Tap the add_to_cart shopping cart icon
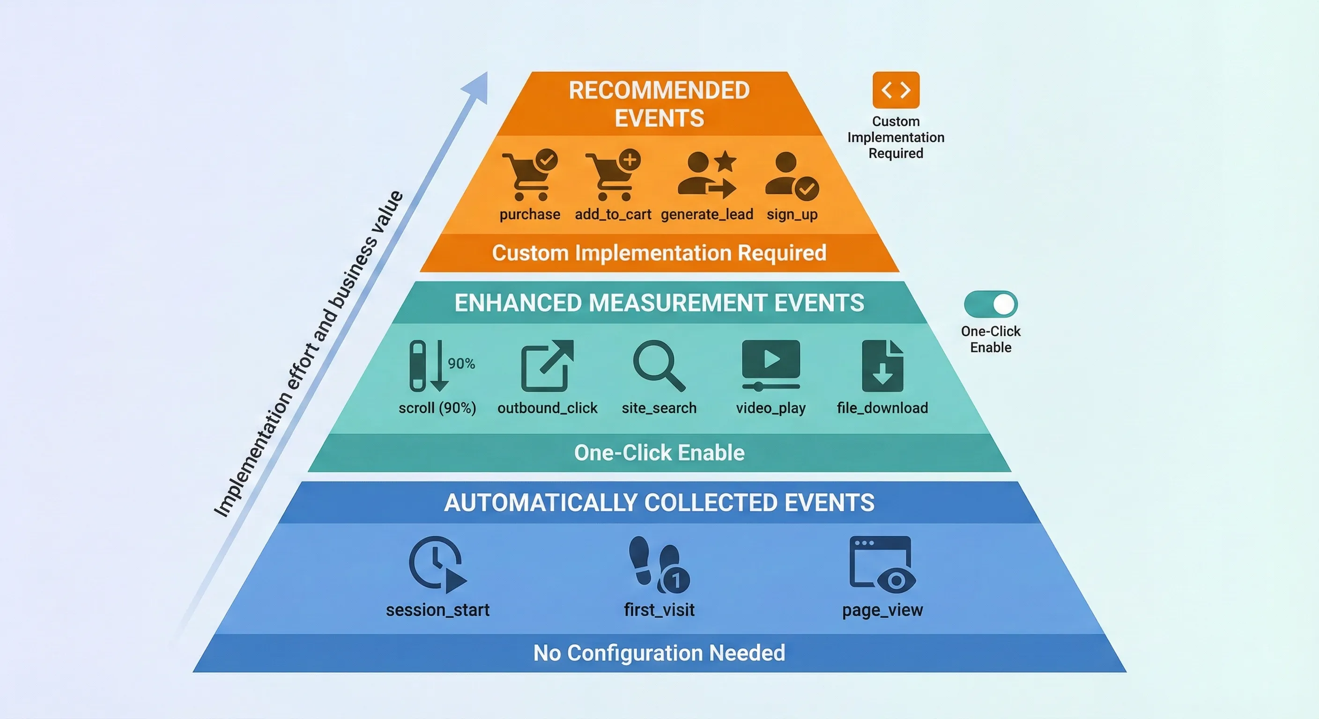tap(612, 175)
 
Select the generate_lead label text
tap(707, 214)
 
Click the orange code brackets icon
tap(896, 90)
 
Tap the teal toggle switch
tap(990, 304)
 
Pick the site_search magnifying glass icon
tap(659, 366)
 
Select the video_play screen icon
tap(771, 365)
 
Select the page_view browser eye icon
tap(882, 564)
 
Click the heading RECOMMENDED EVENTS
tap(659, 104)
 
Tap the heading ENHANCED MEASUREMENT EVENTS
tap(659, 303)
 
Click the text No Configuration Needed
tap(659, 653)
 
